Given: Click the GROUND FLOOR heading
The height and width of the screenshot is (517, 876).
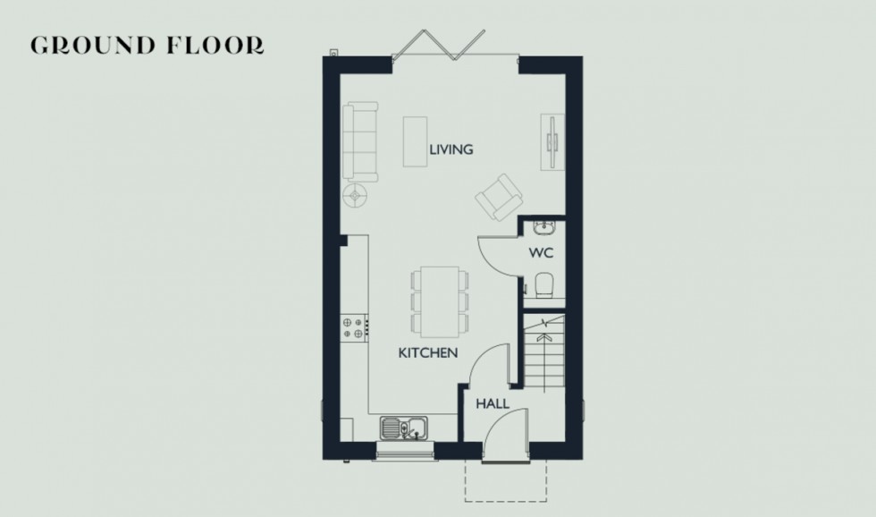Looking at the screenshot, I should (147, 46).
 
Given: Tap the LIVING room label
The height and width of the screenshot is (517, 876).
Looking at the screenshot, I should (451, 150).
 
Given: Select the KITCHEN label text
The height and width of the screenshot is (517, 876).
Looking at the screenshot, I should (428, 353).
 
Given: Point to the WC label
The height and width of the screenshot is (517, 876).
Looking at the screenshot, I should (542, 253).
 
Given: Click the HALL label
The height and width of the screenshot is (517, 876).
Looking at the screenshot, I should (493, 404).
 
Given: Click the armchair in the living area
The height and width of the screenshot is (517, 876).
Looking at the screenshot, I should (496, 196).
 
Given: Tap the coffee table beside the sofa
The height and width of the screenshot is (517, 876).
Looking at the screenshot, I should (414, 141).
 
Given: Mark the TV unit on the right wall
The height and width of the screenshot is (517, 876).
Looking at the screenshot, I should (553, 141).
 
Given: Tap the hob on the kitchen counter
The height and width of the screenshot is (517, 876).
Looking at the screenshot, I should (355, 327).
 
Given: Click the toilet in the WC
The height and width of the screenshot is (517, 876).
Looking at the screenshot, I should (545, 284).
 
